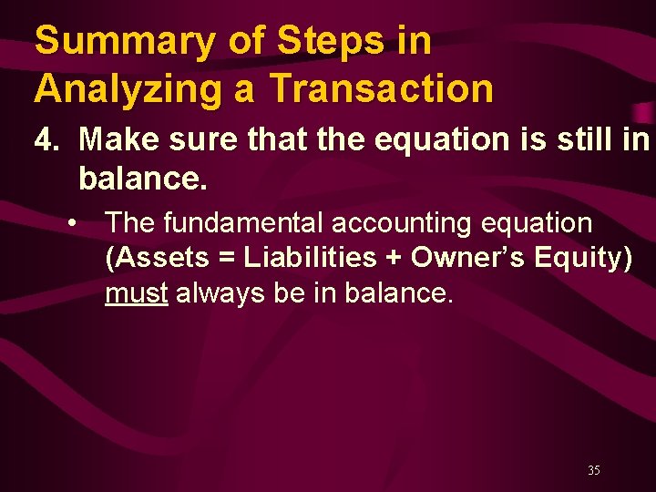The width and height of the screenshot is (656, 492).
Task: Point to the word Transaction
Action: pos(382,89)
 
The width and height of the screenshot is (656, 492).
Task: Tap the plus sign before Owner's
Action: pos(393,259)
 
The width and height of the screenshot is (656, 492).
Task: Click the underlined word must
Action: pos(136,294)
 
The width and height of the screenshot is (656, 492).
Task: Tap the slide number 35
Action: pos(594,471)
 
